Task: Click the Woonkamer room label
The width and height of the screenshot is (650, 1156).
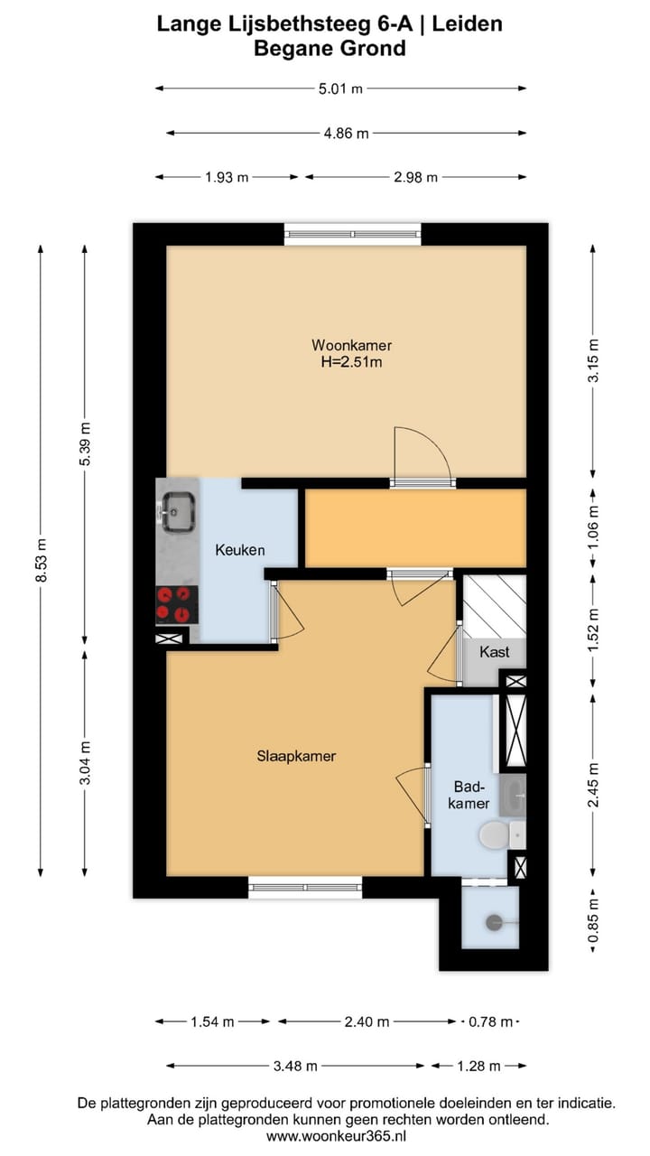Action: [351, 345]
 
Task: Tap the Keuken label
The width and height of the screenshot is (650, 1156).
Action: [239, 550]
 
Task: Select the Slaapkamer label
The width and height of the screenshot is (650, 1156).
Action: [296, 756]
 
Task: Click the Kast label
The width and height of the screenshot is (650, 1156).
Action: [494, 651]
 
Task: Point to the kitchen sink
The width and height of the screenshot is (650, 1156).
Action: [177, 510]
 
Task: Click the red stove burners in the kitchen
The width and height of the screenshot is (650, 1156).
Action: [176, 603]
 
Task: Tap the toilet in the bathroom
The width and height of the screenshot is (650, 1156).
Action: [496, 834]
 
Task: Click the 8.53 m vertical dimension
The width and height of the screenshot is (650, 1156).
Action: [41, 560]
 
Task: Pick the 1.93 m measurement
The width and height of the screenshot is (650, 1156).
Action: [227, 177]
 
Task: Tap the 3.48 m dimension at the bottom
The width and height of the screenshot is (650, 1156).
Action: [295, 1066]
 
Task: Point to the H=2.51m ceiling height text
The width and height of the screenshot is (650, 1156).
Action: [351, 363]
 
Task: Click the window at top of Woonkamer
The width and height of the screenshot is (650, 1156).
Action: [352, 234]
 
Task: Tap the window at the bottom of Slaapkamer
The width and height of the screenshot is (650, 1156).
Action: [304, 887]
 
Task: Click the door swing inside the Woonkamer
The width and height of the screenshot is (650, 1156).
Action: [422, 456]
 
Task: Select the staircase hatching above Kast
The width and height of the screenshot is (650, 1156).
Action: [494, 604]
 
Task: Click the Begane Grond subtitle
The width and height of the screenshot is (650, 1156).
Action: [330, 49]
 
